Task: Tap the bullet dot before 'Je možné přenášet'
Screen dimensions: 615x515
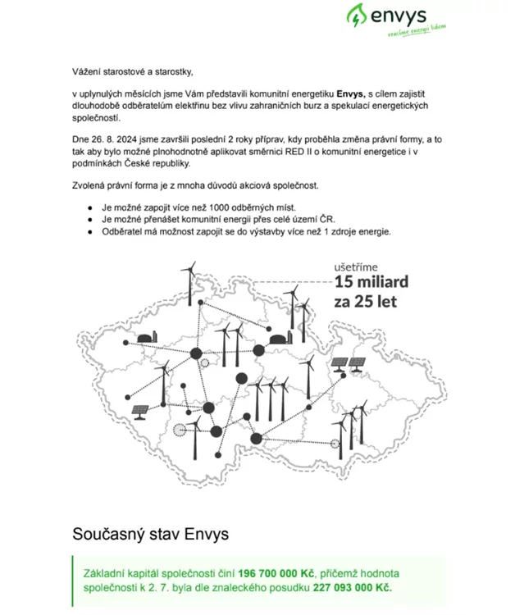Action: click(x=89, y=221)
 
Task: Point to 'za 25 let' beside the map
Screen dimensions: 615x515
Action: click(x=365, y=302)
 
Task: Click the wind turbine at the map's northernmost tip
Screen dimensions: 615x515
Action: click(x=189, y=279)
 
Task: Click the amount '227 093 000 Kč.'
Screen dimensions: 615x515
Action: click(x=353, y=588)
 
